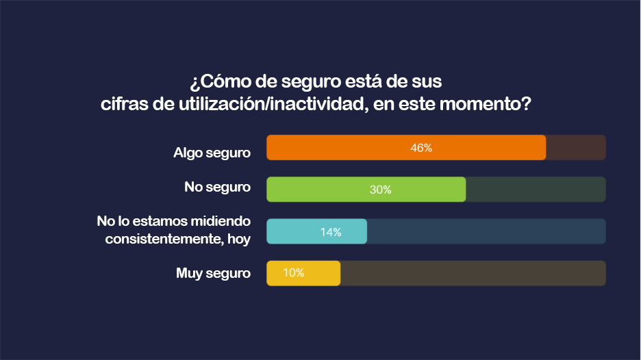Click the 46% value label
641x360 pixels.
pyautogui.click(x=421, y=148)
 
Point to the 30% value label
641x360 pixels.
pyautogui.click(x=380, y=190)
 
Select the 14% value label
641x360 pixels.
pyautogui.click(x=331, y=232)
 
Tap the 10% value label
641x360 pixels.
pyautogui.click(x=294, y=273)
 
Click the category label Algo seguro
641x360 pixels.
pyautogui.click(x=212, y=153)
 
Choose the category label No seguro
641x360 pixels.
pyautogui.click(x=217, y=187)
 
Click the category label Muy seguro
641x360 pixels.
pyautogui.click(x=213, y=274)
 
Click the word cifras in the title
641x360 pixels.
pyautogui.click(x=121, y=105)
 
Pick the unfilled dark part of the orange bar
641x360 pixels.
pyautogui.click(x=575, y=148)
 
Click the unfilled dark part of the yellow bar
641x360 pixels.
pyautogui.click(x=473, y=273)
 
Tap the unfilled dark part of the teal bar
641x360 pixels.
pyautogui.click(x=486, y=232)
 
